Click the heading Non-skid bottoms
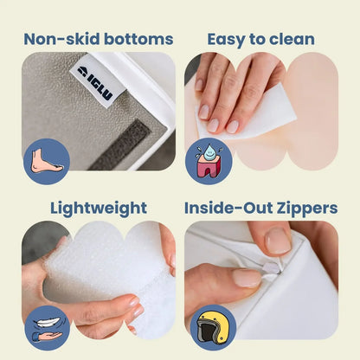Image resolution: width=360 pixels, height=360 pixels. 98,39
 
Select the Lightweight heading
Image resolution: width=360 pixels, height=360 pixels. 98,208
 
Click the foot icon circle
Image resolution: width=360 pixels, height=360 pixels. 47,161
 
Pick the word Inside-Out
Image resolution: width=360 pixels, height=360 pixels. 228,208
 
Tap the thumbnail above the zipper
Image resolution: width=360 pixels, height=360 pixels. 276,241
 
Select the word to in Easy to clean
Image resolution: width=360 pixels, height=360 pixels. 258,39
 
